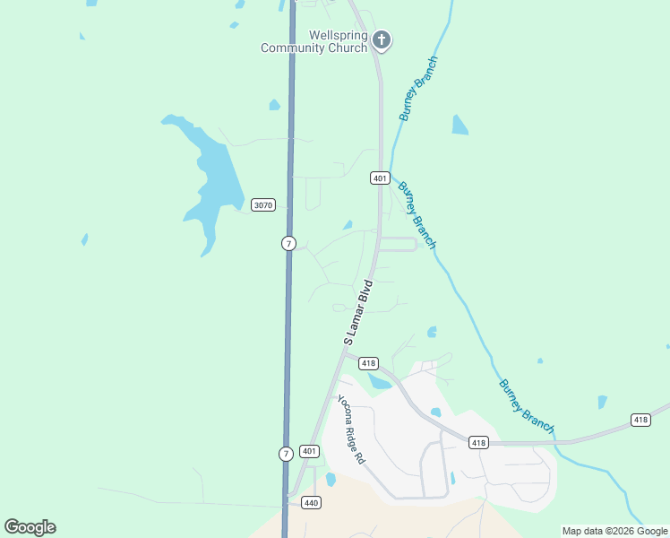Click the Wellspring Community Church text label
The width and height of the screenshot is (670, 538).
pyautogui.click(x=314, y=41)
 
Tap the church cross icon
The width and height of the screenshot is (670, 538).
pyautogui.click(x=382, y=39)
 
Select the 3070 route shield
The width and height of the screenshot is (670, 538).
pyautogui.click(x=262, y=205)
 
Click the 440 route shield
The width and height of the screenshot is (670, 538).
pyautogui.click(x=311, y=503)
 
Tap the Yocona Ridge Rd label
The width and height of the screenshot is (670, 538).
pyautogui.click(x=351, y=430)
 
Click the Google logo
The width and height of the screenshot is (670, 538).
pyautogui.click(x=30, y=527)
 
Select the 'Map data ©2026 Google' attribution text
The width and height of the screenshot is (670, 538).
pyautogui.click(x=614, y=531)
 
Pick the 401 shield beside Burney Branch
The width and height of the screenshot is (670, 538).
pyautogui.click(x=380, y=178)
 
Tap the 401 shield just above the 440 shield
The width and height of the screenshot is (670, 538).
pyautogui.click(x=308, y=451)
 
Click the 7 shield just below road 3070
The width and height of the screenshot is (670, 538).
pyautogui.click(x=288, y=243)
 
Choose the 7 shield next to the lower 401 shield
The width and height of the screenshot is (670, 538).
pyautogui.click(x=286, y=454)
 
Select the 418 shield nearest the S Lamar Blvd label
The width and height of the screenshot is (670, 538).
pyautogui.click(x=368, y=363)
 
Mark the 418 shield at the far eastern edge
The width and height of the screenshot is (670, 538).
pyautogui.click(x=640, y=420)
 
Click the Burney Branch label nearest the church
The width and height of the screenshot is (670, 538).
pyautogui.click(x=419, y=89)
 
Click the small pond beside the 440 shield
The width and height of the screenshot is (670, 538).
pyautogui.click(x=331, y=480)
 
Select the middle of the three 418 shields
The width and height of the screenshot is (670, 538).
pyautogui.click(x=477, y=442)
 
